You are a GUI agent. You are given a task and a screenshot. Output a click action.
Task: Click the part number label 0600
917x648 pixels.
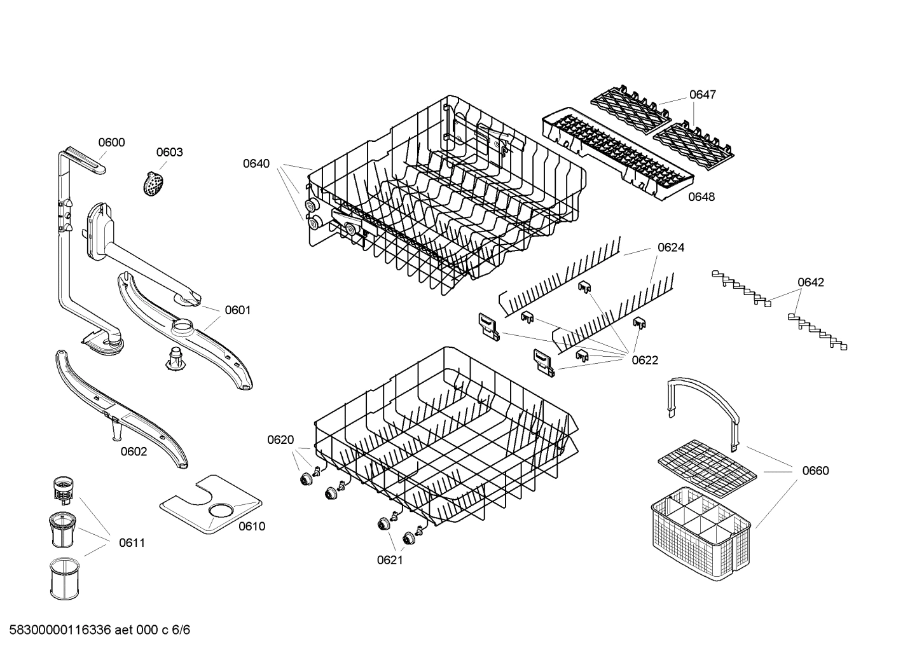[x=111, y=142]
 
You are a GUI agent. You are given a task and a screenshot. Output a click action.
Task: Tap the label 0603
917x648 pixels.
[x=169, y=152]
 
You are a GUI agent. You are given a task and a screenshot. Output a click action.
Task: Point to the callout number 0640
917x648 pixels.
[x=256, y=163]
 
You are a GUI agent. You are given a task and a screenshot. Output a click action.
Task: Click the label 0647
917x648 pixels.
[x=702, y=95]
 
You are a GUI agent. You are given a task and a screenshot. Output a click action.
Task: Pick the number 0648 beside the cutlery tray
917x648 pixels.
[x=701, y=196]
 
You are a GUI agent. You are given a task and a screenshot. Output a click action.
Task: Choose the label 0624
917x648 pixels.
[x=671, y=247]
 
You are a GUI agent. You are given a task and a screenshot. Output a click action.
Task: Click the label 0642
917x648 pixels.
[x=810, y=282]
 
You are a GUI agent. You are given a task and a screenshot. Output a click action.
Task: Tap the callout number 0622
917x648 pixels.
[x=644, y=360]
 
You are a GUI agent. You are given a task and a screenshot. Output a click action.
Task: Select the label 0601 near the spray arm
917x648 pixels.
[x=237, y=310]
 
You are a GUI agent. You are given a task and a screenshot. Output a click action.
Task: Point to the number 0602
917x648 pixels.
[x=134, y=452]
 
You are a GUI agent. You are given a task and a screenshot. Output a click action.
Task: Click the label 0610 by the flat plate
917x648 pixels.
[x=252, y=526]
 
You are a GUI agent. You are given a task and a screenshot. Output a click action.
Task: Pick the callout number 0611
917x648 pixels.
[x=132, y=542]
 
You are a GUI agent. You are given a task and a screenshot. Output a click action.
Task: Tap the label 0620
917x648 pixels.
[x=280, y=439]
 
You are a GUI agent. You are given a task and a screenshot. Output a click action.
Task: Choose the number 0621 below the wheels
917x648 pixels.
[x=390, y=560]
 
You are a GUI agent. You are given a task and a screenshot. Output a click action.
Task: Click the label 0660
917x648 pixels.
[x=815, y=471]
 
